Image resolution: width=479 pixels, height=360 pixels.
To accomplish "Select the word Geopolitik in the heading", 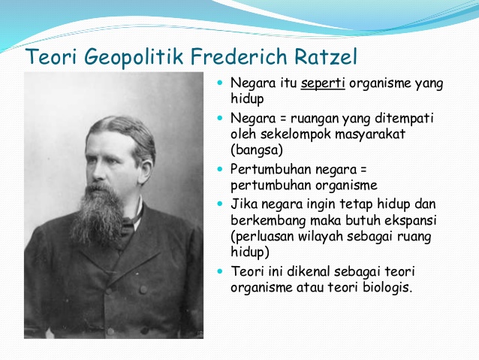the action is click(134, 58).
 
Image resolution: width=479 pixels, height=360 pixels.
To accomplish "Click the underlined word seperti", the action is click(323, 84).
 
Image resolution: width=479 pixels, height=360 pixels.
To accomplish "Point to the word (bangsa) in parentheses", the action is click(257, 150).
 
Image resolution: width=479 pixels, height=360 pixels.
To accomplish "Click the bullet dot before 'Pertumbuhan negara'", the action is click(220, 169).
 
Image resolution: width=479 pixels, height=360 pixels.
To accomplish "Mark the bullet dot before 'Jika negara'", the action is click(220, 204).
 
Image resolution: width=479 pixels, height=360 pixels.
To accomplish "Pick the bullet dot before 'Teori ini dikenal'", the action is click(220, 271).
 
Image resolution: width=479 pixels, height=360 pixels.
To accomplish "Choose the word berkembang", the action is click(268, 221).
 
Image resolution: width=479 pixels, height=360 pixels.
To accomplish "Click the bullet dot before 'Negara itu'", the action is click(220, 83).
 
